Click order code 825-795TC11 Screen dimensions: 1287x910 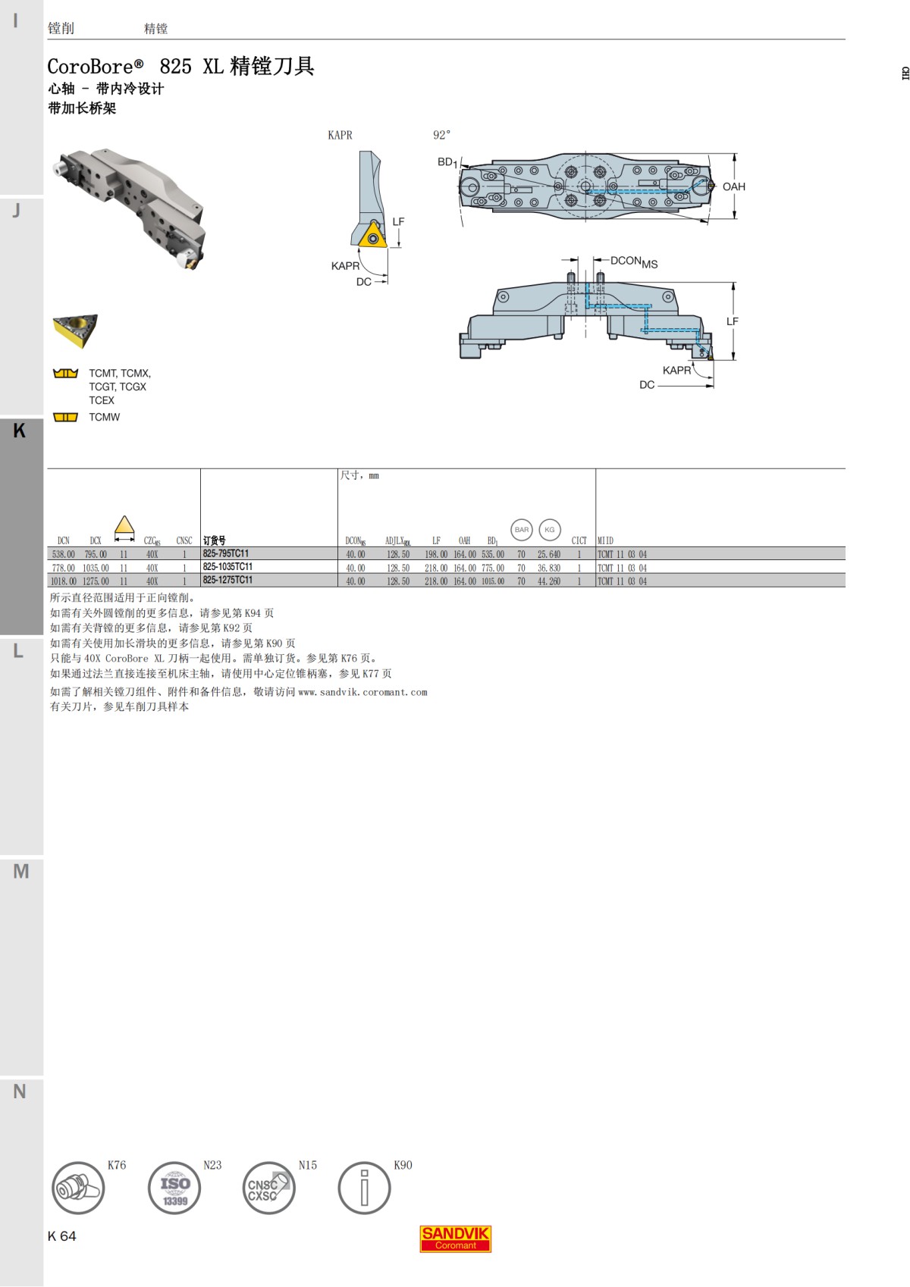[x=226, y=554]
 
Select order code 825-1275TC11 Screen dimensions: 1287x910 [x=227, y=581]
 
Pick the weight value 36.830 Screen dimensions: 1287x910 [x=549, y=568]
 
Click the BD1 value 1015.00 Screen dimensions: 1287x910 [x=493, y=581]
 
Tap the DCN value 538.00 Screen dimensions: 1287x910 [x=64, y=554]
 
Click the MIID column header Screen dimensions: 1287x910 [x=605, y=540]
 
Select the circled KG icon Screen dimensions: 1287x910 [x=550, y=530]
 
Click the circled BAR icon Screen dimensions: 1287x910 [x=522, y=530]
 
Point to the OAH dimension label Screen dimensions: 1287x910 [x=733, y=186]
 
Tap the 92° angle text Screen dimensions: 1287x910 [x=441, y=135]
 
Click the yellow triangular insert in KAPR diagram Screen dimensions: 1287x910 [x=373, y=236]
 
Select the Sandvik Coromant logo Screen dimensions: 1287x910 [x=456, y=1238]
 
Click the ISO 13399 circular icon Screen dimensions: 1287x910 [x=174, y=1188]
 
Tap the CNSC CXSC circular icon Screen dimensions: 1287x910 [x=268, y=1188]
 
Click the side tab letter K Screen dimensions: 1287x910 [x=20, y=431]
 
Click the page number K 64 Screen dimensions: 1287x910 [x=62, y=1236]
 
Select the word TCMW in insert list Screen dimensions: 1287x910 [x=104, y=417]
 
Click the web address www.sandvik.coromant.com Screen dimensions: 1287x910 [x=362, y=692]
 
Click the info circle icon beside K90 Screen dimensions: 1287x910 [x=364, y=1188]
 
